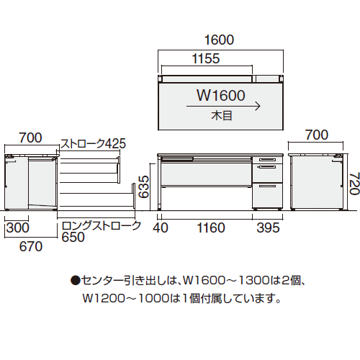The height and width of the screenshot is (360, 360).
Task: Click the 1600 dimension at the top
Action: point(220,41)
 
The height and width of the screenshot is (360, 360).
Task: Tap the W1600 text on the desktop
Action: point(221,94)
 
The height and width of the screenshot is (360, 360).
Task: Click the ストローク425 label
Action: point(92,143)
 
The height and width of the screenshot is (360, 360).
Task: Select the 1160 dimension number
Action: point(210,228)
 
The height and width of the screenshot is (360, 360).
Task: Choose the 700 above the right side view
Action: point(316,135)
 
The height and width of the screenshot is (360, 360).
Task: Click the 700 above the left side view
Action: point(30,137)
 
